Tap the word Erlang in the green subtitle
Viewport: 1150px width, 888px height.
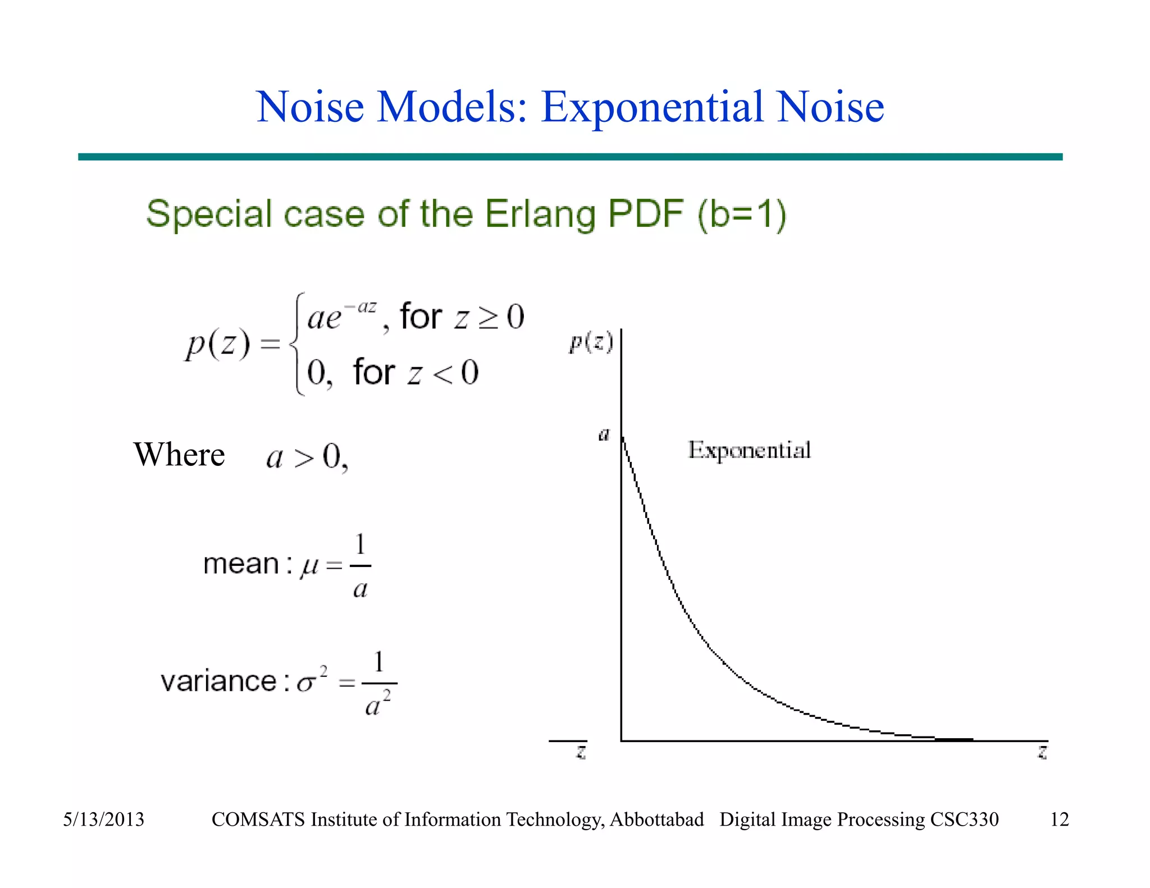540,215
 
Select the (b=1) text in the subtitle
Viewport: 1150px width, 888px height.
742,214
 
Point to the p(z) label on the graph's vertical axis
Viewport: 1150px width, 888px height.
591,342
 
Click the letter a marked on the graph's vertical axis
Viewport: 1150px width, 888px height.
604,434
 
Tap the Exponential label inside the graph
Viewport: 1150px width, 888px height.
749,451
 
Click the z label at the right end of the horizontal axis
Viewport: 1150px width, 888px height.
1042,752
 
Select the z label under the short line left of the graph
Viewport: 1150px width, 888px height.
581,752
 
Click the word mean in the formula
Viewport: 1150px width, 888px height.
241,564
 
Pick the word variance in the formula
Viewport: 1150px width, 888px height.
218,681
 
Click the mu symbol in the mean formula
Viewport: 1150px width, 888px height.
309,566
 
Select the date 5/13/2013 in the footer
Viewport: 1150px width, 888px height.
103,820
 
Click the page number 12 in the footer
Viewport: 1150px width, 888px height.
1059,820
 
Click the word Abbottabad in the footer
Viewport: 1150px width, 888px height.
656,820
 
